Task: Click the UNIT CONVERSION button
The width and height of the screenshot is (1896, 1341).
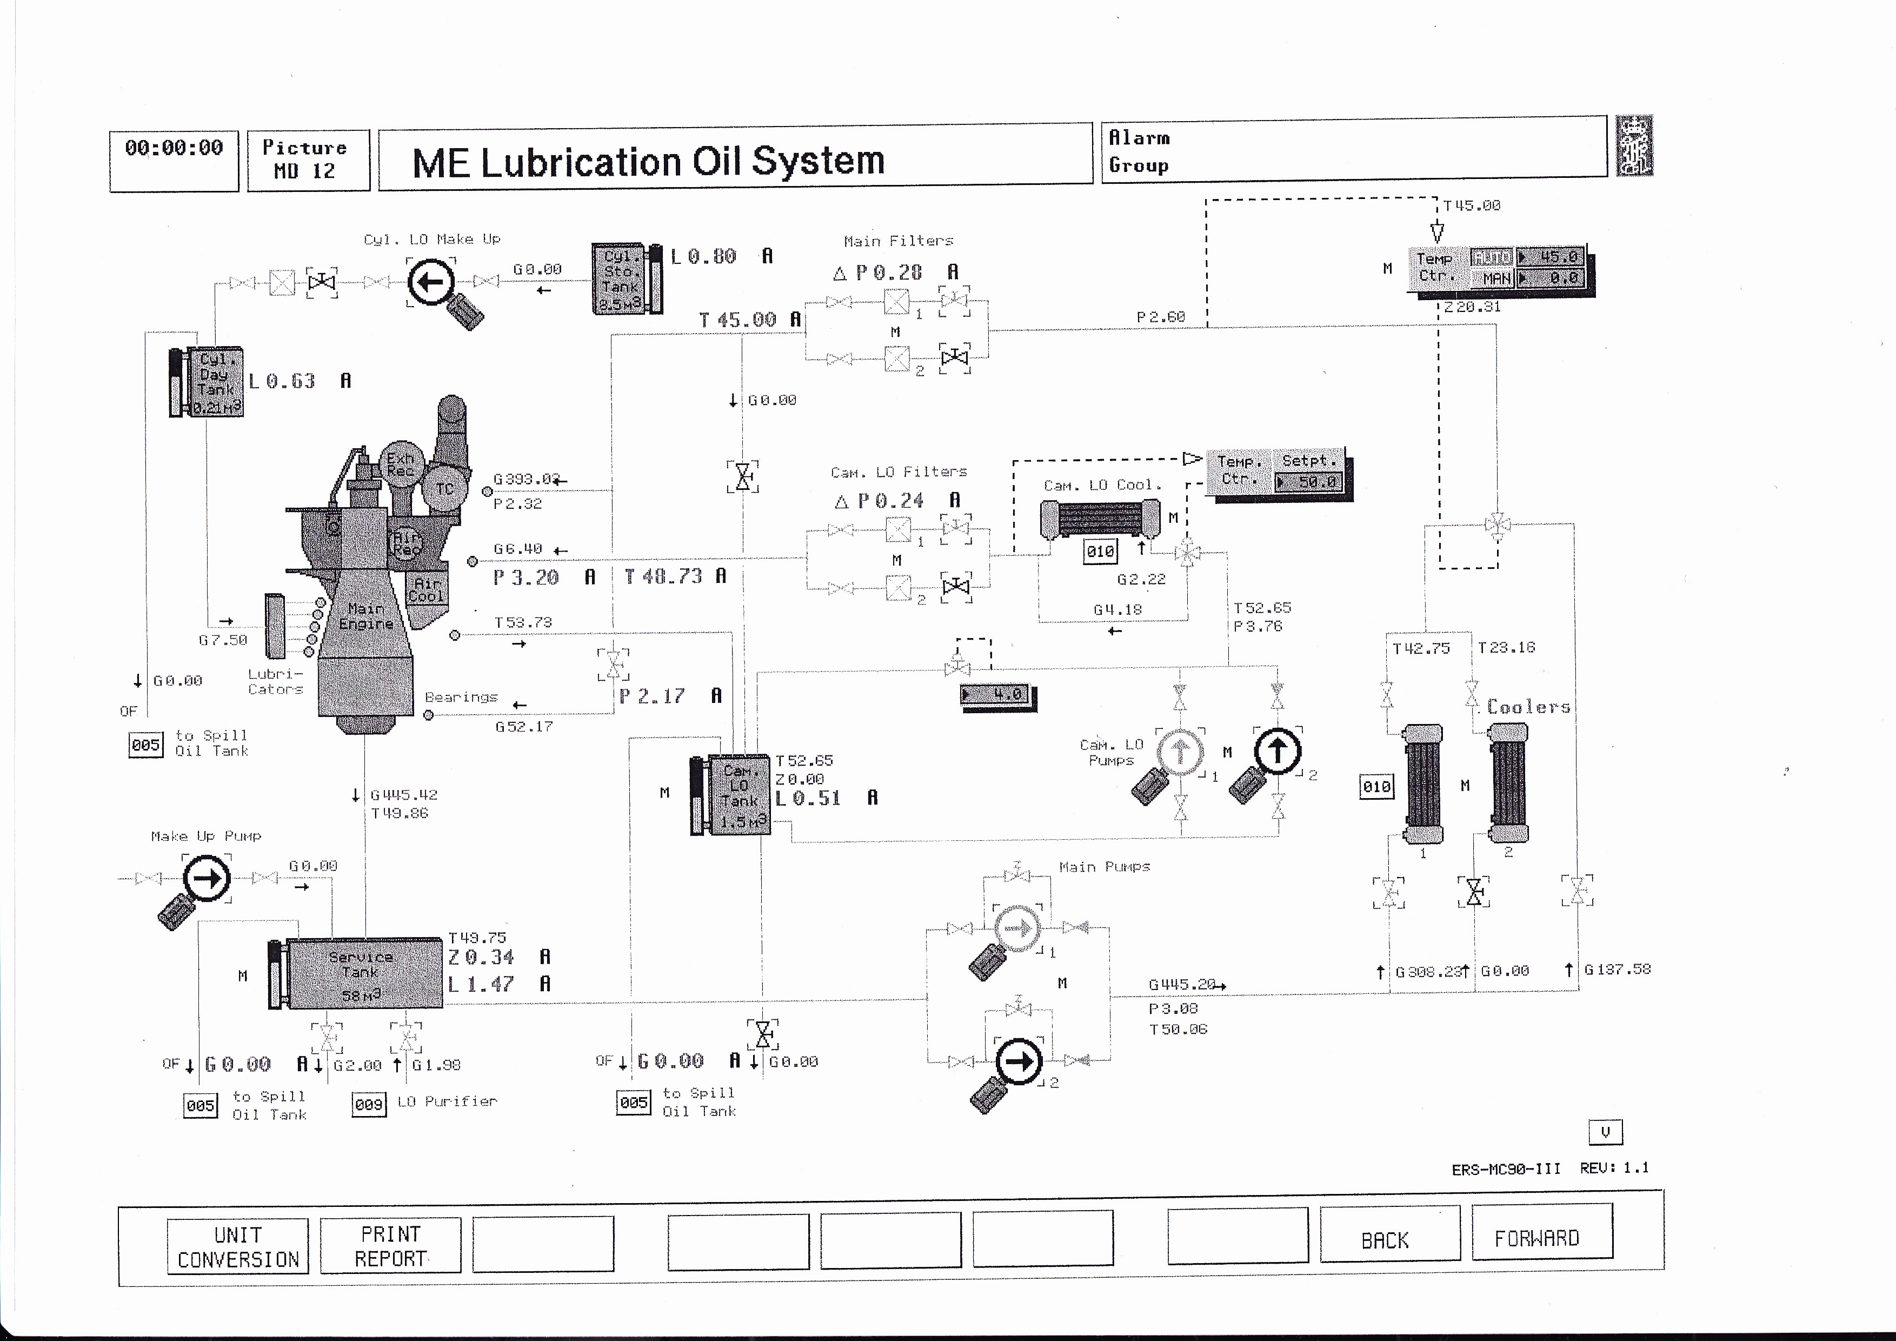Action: coord(238,1246)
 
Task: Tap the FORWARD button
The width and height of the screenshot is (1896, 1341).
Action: coord(1541,1237)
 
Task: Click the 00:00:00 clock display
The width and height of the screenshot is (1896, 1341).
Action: coord(174,160)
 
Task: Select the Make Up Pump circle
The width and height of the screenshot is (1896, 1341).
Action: coord(207,878)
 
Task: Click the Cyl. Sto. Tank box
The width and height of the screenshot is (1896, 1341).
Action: coord(620,278)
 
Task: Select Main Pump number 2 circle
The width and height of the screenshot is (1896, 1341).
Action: coord(1019,1061)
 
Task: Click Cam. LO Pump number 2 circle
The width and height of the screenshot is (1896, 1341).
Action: coord(1278,751)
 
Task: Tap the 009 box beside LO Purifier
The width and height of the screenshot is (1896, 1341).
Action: coord(369,1104)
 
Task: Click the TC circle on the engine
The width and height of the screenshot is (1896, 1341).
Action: coord(445,488)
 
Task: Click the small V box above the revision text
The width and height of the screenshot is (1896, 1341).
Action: coord(1605,1132)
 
